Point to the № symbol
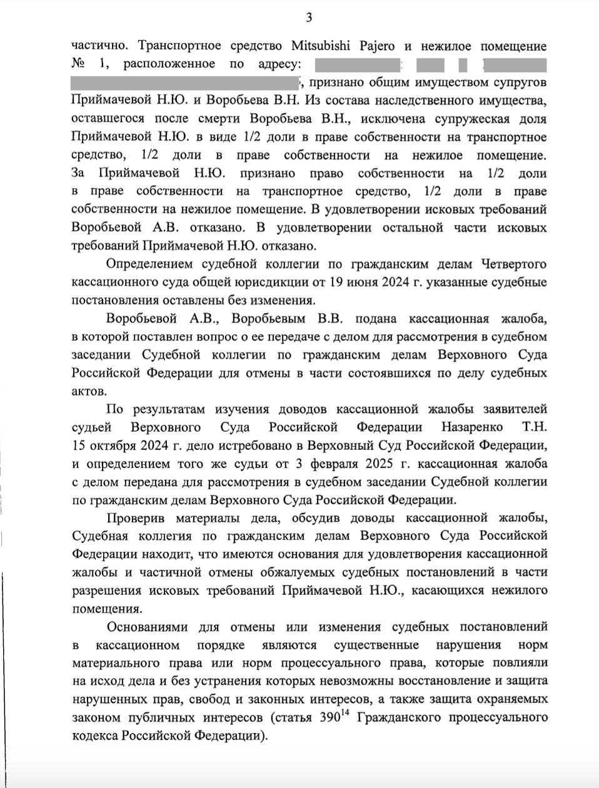(78, 64)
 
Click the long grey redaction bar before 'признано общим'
(185, 82)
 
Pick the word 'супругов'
(521, 82)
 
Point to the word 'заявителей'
(515, 409)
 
